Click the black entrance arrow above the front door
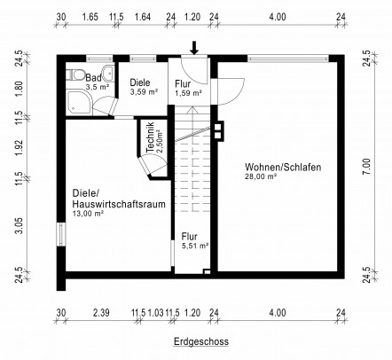194,48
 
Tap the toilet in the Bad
74,74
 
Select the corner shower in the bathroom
79,102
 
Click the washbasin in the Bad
108,74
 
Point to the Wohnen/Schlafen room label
283,168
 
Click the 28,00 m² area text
261,176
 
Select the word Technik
150,137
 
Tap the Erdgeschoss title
201,341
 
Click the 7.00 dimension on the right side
366,167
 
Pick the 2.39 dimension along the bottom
101,313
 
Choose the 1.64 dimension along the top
143,17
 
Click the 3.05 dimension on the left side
20,225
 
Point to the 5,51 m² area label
195,246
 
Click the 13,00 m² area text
88,214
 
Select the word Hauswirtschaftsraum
119,204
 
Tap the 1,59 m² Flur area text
188,93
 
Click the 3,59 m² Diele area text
144,92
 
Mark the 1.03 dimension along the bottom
155,313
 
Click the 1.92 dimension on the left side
20,147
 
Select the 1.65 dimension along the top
90,17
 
